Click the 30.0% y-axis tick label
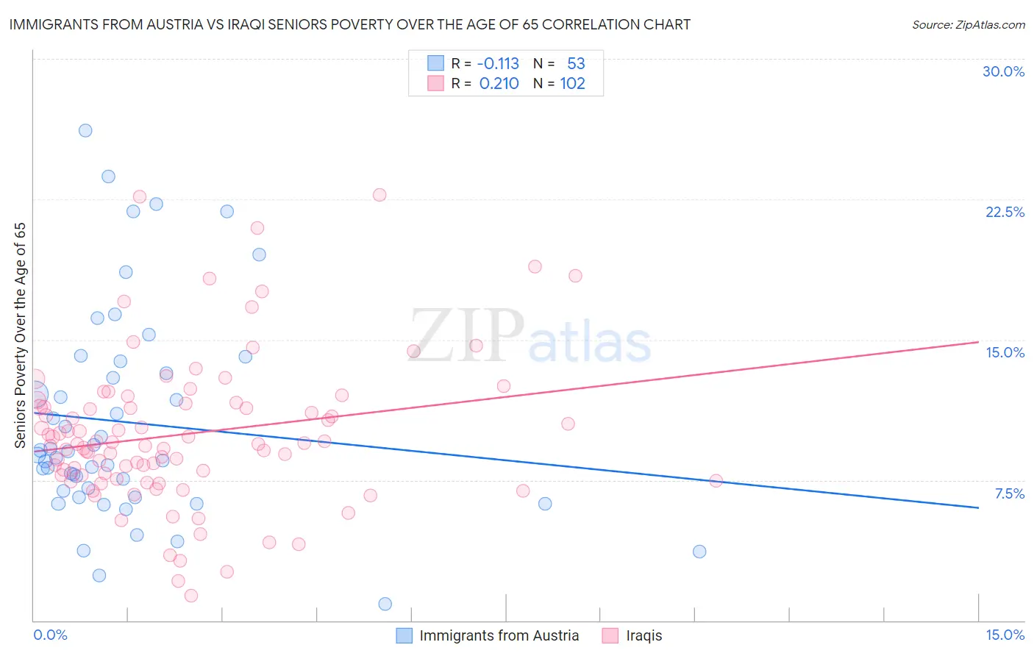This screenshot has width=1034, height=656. point(1003,71)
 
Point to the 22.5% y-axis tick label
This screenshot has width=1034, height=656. point(1005,212)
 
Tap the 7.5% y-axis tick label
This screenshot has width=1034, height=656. point(1009,493)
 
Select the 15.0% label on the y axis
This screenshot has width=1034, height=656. point(1005,352)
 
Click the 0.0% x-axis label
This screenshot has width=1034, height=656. point(50,635)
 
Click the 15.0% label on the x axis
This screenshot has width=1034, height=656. point(1005,635)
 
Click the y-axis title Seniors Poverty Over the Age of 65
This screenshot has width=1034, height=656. point(20,335)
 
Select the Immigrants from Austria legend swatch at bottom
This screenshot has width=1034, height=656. point(404,635)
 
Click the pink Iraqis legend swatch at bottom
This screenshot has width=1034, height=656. point(610,635)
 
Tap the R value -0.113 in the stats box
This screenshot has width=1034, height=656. point(499,64)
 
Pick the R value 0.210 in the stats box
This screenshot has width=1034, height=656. point(499,84)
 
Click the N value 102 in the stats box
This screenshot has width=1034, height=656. point(572,84)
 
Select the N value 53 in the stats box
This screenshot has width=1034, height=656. point(576,64)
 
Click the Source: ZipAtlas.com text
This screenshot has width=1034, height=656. point(968,25)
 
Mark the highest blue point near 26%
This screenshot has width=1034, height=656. point(85,130)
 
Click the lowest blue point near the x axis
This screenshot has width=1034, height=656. point(385,604)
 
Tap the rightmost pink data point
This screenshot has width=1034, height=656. point(716,481)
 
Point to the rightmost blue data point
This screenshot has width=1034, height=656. point(699,552)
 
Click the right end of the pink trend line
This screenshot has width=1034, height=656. point(978,342)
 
